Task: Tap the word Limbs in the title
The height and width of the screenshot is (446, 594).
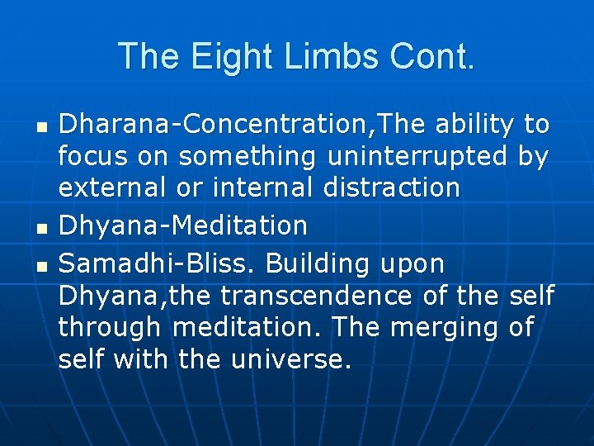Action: (x=322, y=56)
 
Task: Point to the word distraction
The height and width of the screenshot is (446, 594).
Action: (x=392, y=187)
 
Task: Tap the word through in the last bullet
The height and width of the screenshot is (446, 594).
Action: (x=110, y=328)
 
